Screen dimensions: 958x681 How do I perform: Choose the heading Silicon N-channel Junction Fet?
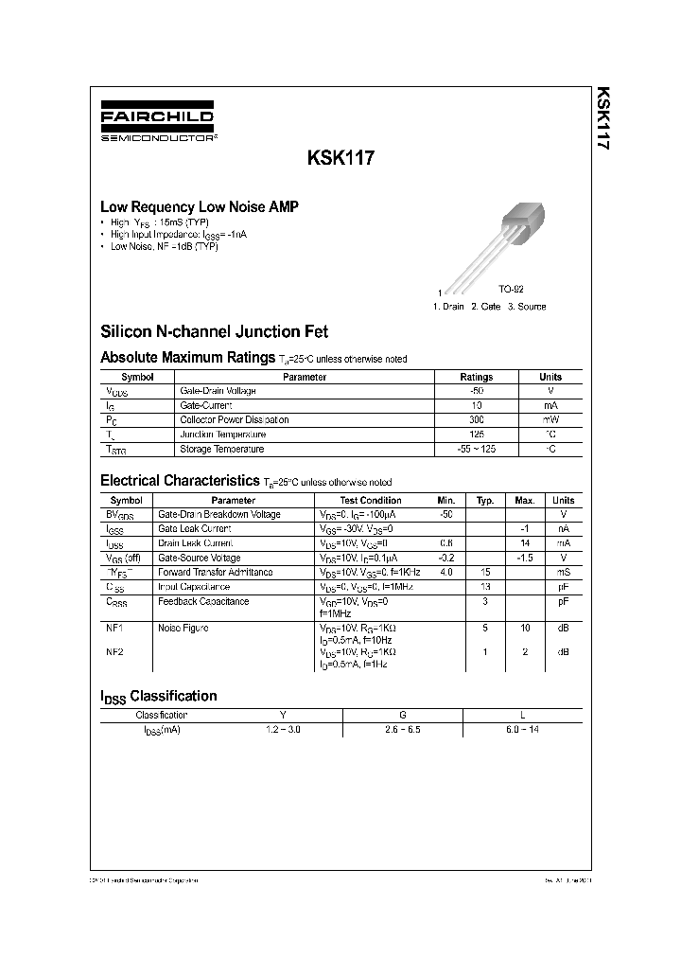tap(214, 332)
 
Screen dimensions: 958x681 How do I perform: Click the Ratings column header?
tap(477, 377)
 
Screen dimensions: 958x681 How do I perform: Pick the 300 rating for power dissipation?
tap(477, 419)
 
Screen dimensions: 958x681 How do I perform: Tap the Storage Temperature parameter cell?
tap(222, 449)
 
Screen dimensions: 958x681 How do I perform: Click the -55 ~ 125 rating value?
tap(477, 449)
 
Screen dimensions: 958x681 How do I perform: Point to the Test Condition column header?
tap(371, 500)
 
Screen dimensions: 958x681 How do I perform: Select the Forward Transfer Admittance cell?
tap(216, 572)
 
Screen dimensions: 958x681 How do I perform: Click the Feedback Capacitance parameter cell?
tap(203, 601)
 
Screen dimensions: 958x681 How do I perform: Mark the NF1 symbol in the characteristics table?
tap(115, 628)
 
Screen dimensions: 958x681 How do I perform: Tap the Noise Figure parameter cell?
tap(183, 628)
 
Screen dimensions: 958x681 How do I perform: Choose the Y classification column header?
tap(284, 715)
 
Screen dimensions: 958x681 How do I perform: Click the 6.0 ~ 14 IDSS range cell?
tap(522, 729)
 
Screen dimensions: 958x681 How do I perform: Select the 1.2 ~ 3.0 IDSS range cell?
tap(284, 729)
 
